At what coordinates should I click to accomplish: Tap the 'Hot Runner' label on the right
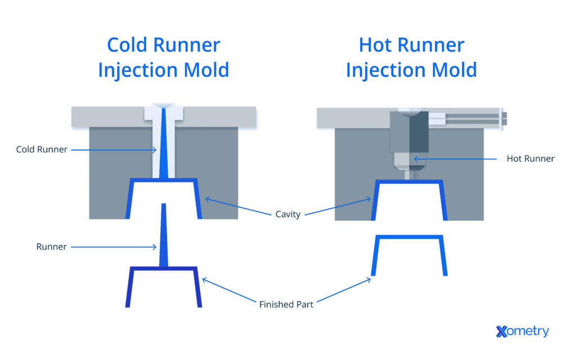point(530,159)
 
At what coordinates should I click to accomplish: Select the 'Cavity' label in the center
point(288,214)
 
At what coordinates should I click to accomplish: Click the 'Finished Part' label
point(286,304)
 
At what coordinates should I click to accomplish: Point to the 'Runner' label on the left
point(52,246)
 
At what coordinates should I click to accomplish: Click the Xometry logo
point(522,331)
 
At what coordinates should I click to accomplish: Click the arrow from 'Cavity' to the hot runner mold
point(337,206)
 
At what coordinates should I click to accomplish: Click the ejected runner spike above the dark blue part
point(163,236)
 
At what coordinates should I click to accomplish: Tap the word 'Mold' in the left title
point(204,70)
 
